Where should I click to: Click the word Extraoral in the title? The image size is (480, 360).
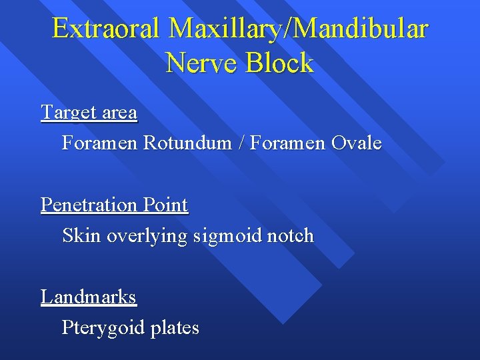[x=105, y=29]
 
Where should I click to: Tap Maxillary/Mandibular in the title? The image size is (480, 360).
[x=299, y=29]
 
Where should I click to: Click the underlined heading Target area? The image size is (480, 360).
[x=89, y=113]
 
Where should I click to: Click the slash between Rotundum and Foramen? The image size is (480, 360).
[x=241, y=143]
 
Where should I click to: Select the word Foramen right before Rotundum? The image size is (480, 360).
[x=100, y=143]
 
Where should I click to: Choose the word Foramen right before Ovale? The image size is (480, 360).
[x=287, y=143]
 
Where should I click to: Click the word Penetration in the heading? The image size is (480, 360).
[x=89, y=205]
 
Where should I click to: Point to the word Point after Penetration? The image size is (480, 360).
[x=165, y=205]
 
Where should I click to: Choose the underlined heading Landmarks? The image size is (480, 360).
[x=89, y=297]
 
